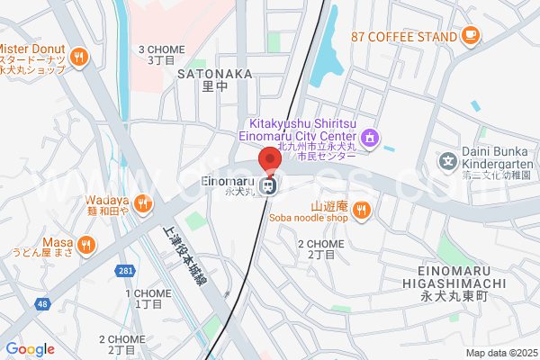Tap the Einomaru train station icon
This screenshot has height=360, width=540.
pos(267,186)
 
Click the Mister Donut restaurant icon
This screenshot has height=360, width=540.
pos(80,57)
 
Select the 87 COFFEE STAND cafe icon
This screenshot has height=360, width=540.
pos(470,35)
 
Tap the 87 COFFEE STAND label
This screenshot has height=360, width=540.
pos(404,36)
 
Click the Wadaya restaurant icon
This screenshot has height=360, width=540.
pos(144,206)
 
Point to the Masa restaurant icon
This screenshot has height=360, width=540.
pos(86,243)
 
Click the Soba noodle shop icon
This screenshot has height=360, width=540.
pos(361,211)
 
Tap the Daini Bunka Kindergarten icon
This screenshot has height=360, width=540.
pos(447,162)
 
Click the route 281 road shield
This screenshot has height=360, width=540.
pos(126,270)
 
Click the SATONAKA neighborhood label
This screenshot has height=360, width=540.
pos(213,73)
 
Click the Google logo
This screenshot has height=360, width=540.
pos(30,349)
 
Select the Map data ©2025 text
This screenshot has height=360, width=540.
pos(499,353)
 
